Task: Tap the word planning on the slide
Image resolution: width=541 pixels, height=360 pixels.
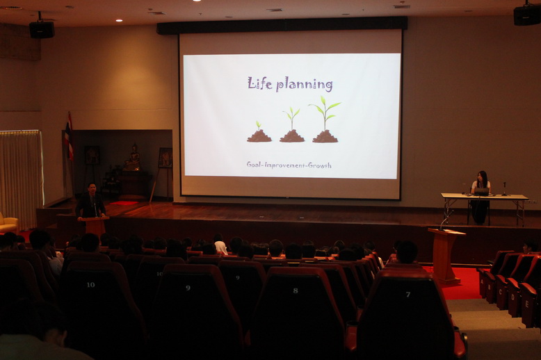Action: (x=305, y=85)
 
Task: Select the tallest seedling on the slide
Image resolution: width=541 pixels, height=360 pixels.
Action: (x=325, y=120)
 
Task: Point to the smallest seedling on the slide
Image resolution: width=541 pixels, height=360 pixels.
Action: (x=259, y=132)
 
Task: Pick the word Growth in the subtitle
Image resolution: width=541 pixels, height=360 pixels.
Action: (x=319, y=165)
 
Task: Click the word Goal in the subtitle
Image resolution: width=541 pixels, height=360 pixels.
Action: (x=254, y=165)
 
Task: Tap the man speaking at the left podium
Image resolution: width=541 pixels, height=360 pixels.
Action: (x=90, y=202)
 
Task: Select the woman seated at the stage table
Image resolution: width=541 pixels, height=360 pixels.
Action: (x=481, y=197)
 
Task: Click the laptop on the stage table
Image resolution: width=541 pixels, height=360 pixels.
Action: (x=482, y=192)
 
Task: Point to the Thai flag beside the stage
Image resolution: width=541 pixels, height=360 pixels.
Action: (x=69, y=137)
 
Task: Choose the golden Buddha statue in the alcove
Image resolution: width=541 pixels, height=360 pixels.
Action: (x=132, y=158)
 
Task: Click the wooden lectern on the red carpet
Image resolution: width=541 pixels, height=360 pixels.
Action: (x=446, y=256)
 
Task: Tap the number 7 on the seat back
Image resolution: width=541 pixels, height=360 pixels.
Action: (x=408, y=295)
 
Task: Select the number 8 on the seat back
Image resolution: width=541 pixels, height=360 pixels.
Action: (x=296, y=291)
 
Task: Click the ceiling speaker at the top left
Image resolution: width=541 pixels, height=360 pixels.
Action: (x=42, y=29)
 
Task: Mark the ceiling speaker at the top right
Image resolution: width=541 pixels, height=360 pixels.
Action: (x=527, y=15)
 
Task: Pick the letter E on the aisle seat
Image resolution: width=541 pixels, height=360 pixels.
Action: (x=526, y=304)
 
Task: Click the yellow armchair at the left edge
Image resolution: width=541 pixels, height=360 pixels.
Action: (x=8, y=223)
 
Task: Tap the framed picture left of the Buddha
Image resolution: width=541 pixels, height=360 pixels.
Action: (x=92, y=155)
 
